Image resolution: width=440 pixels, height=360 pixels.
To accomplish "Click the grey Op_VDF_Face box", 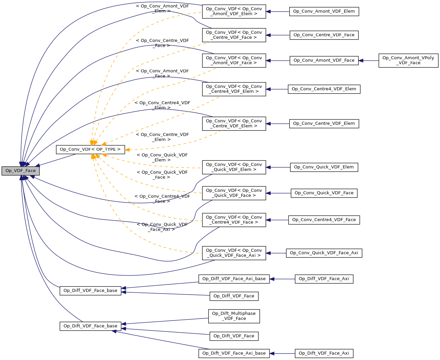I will coord(20,171).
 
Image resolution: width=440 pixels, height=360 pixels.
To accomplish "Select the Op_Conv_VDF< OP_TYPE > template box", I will coord(90,150).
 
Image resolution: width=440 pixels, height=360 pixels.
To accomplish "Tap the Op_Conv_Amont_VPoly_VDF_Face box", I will coord(408,60).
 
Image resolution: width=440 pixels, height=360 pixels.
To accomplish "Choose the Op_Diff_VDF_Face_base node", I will coord(90,291).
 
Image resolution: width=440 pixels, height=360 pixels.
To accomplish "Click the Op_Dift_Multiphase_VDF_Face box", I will coord(234,316).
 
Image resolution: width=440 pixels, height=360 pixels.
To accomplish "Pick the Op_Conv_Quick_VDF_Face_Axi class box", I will coord(324,253).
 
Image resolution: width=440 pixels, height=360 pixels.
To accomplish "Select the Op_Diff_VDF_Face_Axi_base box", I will coord(234,279).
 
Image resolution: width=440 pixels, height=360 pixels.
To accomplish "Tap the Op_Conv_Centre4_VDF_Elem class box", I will coord(324,89).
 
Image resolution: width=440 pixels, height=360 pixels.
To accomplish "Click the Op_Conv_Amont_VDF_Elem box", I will coord(324,12).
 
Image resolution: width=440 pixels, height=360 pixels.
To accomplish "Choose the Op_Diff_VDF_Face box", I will coord(234,296).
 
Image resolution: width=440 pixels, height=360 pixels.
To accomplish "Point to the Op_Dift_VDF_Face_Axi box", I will coord(324,354).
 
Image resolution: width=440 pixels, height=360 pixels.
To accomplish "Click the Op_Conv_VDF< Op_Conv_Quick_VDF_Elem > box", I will coord(234,167).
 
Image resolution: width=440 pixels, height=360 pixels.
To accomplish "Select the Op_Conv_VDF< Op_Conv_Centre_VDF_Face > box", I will coord(234,35).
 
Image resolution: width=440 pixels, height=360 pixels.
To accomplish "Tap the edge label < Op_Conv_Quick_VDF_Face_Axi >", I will coord(162,227).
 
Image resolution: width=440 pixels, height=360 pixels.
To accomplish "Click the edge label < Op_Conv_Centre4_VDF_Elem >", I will coord(162,105).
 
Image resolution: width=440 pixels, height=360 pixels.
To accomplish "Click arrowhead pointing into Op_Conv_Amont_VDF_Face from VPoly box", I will coord(361,61).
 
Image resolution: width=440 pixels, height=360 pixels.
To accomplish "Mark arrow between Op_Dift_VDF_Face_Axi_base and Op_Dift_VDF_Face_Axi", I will coord(282,354).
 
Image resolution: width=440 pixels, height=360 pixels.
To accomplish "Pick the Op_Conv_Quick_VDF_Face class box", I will coord(324,193).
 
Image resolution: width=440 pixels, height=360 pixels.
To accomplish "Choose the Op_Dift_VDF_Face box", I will coord(234,336).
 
